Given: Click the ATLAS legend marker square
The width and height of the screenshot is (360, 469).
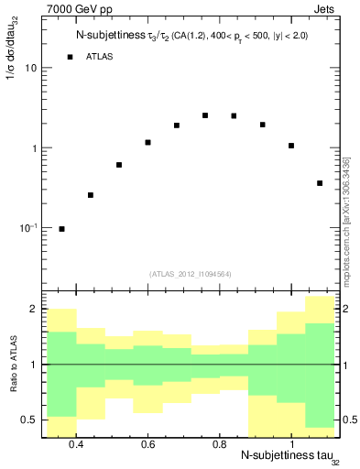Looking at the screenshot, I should [70, 58].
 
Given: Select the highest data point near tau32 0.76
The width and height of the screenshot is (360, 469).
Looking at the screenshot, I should [205, 115].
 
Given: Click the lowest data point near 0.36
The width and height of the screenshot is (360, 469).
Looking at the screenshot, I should [61, 229].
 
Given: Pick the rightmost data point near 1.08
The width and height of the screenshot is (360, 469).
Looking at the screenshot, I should [320, 183].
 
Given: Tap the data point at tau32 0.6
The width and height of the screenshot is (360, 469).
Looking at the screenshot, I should [147, 142].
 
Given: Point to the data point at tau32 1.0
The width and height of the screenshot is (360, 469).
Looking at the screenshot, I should [291, 146].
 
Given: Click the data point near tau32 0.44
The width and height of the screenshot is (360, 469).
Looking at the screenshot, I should [91, 195].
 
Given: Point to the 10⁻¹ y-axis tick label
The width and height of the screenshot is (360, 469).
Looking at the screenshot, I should [27, 227].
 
